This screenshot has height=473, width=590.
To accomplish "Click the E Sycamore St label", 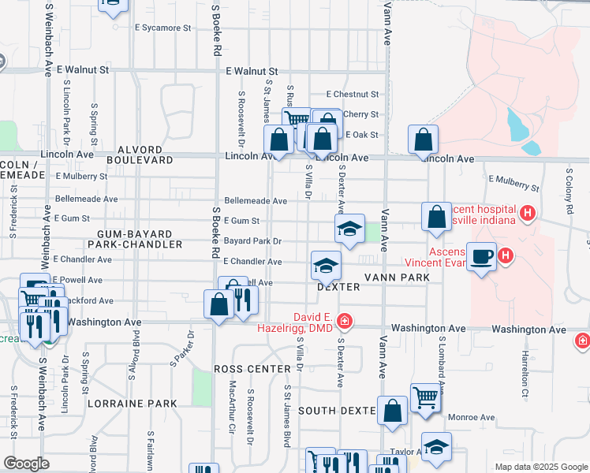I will click(163, 28).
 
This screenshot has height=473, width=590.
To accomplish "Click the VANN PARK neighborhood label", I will click(397, 277).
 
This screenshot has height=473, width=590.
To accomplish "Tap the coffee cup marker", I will click(481, 258).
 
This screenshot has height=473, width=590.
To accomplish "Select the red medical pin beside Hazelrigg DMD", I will click(344, 321).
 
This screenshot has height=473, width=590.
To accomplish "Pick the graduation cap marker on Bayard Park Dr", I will click(349, 229).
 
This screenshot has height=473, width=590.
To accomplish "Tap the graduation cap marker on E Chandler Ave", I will click(325, 267).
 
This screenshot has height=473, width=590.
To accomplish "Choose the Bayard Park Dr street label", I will click(252, 240).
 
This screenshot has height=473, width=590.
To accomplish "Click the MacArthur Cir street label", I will click(233, 400).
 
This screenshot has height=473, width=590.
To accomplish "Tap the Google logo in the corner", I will click(26, 464).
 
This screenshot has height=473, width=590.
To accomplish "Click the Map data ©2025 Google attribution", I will click(540, 467).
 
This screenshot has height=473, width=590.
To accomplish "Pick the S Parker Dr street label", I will click(181, 349).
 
